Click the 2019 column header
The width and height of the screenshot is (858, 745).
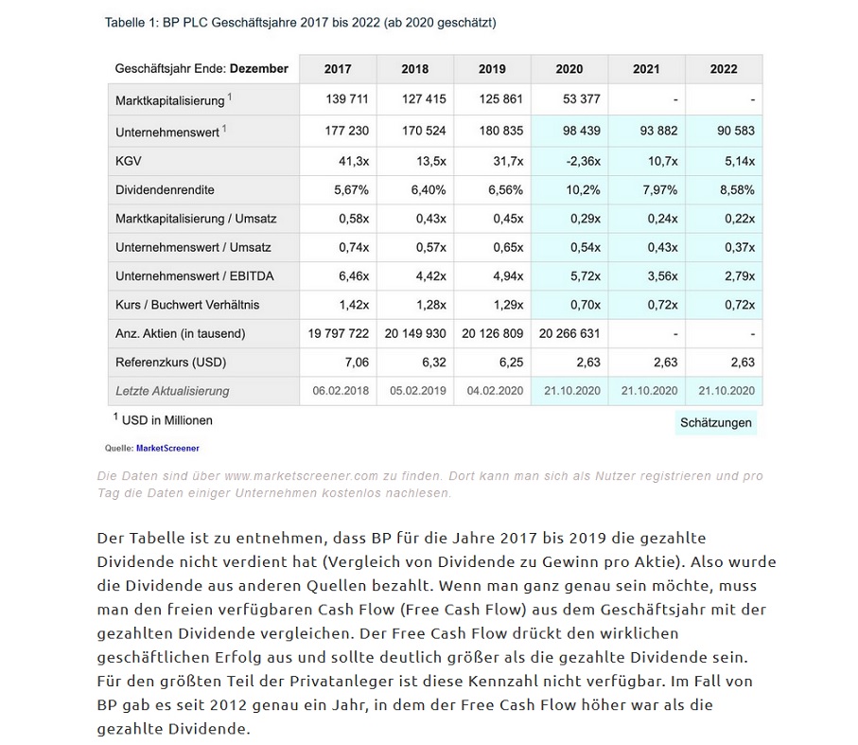(x=492, y=69)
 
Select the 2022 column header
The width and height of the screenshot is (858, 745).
(x=724, y=69)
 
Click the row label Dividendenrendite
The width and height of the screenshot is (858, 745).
(x=165, y=189)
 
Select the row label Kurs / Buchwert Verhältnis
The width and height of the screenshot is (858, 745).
(x=187, y=304)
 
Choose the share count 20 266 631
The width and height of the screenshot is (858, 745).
(x=569, y=333)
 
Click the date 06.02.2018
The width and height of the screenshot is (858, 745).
(x=339, y=390)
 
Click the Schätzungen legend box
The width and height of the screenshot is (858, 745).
(x=716, y=422)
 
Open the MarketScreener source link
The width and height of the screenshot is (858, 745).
(x=167, y=448)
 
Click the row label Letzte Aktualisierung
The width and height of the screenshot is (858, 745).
(x=172, y=390)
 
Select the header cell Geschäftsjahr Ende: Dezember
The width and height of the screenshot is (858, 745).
(x=201, y=69)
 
